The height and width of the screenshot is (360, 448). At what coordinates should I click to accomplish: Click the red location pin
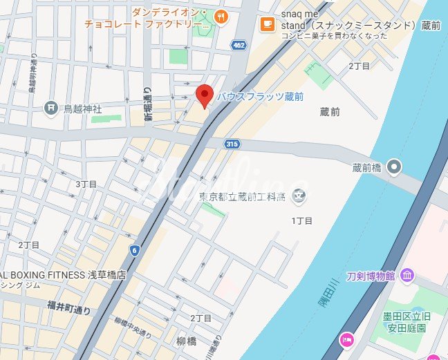[204, 95]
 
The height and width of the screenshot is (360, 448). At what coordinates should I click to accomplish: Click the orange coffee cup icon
[266, 24]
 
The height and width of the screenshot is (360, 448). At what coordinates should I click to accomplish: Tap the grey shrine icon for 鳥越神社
[50, 108]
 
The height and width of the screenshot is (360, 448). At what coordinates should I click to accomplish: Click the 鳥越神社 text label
[83, 108]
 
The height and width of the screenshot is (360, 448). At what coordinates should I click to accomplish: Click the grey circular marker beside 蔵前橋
[394, 166]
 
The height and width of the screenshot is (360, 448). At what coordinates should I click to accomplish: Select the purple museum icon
[407, 276]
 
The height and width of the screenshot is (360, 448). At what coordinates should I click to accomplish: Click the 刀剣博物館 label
[371, 276]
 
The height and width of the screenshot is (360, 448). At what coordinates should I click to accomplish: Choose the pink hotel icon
[346, 339]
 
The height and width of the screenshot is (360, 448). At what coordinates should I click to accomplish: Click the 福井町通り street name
[69, 307]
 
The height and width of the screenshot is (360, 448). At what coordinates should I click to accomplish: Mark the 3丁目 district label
[86, 184]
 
